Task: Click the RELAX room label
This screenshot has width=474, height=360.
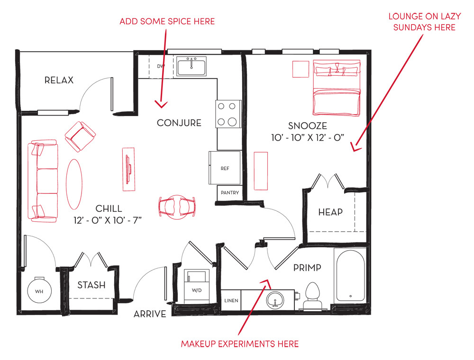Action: coord(59,81)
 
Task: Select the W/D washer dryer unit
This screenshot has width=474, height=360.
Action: coord(197,286)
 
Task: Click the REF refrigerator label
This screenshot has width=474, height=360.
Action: coord(225,169)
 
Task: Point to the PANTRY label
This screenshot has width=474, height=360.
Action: coord(230,193)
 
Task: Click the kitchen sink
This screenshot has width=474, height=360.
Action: coord(191,66)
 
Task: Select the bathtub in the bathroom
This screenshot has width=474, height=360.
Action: coord(350,275)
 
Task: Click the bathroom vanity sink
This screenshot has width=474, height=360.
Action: coord(275,299)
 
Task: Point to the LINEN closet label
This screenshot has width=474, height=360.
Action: coord(231,300)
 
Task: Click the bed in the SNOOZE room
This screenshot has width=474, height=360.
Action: coord(337,88)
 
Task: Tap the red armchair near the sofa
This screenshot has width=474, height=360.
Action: coord(80,136)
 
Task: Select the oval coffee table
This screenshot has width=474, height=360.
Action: coord(74,184)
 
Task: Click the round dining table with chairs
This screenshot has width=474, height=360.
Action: coord(177,207)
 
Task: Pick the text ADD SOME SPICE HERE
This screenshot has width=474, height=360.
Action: coord(167,21)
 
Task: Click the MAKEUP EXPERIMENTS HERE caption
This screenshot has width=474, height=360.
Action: coord(240,344)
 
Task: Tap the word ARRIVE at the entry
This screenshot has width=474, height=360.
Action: coord(150,314)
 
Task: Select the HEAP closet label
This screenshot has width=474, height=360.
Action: coord(330,212)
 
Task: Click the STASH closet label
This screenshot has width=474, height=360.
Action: coord(91,285)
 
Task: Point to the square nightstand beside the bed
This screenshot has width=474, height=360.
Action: coord(301,69)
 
